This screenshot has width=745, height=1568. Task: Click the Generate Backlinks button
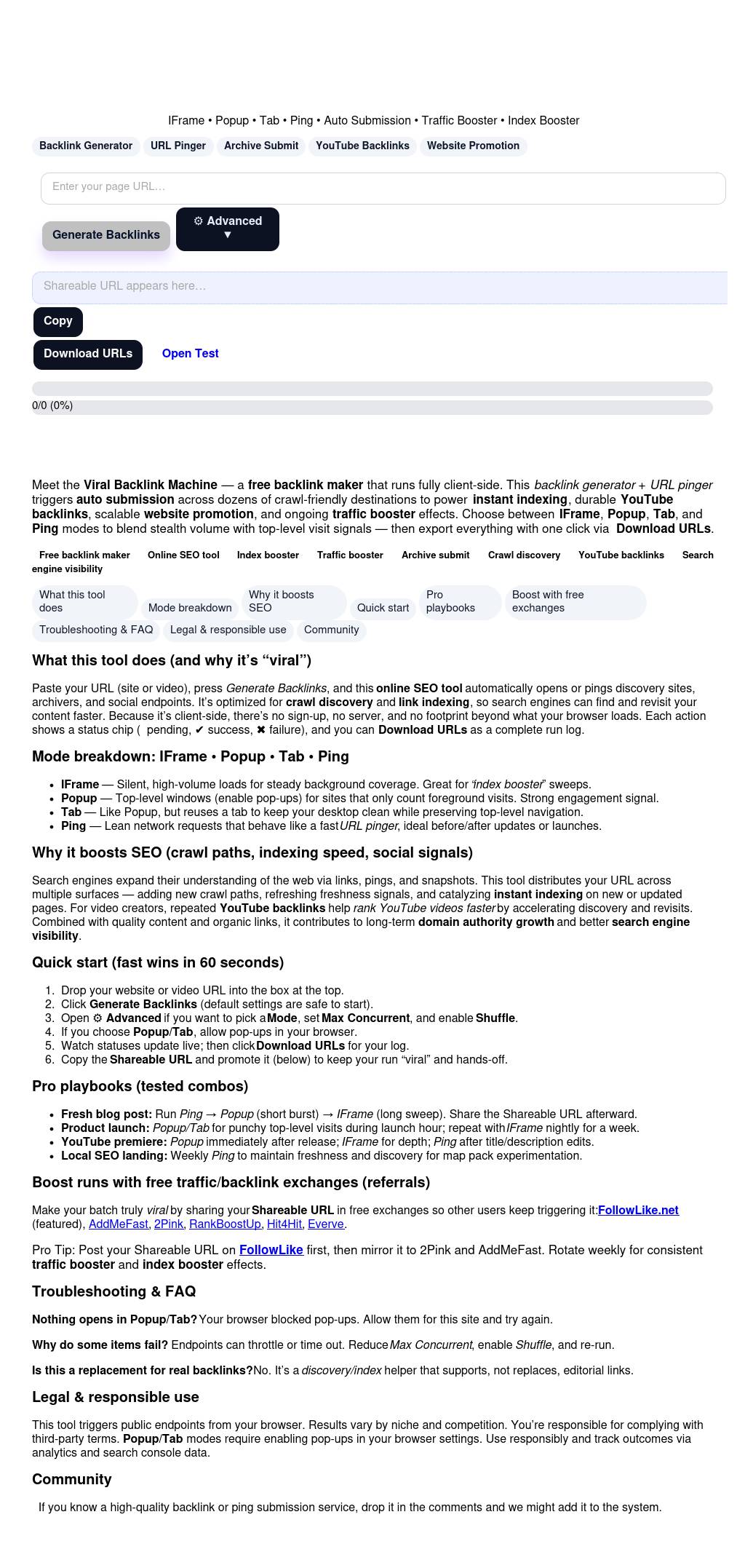click(x=106, y=235)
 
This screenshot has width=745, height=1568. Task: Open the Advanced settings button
click(x=227, y=229)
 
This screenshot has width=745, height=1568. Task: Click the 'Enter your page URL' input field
click(x=383, y=188)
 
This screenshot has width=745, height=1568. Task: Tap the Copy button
click(x=58, y=321)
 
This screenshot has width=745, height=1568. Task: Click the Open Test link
click(x=191, y=354)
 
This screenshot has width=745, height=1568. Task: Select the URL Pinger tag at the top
click(x=178, y=146)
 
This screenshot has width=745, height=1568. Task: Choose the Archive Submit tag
click(x=261, y=146)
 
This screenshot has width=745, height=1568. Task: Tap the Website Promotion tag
click(x=473, y=146)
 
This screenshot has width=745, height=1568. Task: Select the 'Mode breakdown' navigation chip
click(x=190, y=608)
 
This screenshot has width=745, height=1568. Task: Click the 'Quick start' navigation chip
click(x=383, y=608)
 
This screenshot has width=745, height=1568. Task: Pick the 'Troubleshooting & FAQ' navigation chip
click(x=96, y=630)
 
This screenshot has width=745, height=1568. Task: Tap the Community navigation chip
click(x=331, y=630)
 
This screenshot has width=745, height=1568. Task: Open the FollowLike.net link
click(x=638, y=1210)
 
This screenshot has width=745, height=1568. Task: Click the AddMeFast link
click(x=118, y=1224)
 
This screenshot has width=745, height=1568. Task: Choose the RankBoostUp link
click(x=225, y=1224)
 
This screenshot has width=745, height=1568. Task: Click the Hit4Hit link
click(x=284, y=1224)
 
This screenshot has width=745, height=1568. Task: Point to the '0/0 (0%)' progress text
click(x=52, y=405)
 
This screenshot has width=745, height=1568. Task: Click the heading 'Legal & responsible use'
click(x=115, y=1397)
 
